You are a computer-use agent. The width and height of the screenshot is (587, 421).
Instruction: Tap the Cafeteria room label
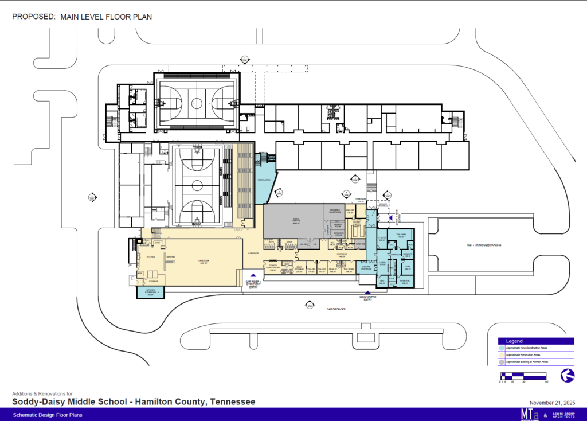coord(203,263)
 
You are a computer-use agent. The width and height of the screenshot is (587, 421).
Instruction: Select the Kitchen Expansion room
coord(150,293)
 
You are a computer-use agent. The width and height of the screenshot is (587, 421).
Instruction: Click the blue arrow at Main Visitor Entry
coord(367,293)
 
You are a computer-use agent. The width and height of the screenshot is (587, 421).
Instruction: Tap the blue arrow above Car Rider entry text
coord(253,276)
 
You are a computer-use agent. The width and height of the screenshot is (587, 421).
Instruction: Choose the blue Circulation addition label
coord(264,180)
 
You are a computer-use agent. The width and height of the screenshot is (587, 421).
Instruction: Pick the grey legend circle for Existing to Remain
coord(502,363)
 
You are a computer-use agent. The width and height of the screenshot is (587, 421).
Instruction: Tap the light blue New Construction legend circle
coord(502,348)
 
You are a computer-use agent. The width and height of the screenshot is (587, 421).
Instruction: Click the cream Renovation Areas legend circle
coord(502,356)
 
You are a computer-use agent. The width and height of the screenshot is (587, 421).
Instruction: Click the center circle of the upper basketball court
coord(197,103)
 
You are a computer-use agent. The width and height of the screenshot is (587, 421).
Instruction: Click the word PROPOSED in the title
coord(33,17)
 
